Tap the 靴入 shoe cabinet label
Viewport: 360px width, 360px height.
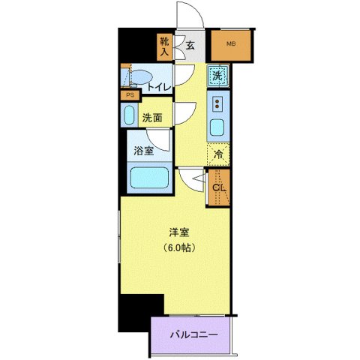[x=164, y=47]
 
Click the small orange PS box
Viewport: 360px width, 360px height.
[x=129, y=95]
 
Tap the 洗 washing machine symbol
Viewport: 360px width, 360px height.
[x=217, y=75]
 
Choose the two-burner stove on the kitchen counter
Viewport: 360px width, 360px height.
[x=219, y=103]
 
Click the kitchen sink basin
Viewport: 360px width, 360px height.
[x=219, y=127]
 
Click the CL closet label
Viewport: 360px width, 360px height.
[x=218, y=187]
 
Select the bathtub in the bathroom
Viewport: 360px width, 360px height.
[x=151, y=178]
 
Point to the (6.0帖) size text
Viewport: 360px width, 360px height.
[x=178, y=248]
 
